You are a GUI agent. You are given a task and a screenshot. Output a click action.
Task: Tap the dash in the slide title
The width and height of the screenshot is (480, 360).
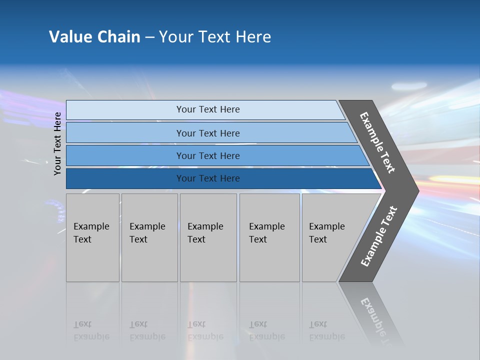pos(149,37)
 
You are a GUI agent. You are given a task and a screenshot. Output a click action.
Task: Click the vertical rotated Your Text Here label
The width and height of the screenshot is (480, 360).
pos(57,143)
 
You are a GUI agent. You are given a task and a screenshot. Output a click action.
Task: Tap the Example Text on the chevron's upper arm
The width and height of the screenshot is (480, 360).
pos(377,142)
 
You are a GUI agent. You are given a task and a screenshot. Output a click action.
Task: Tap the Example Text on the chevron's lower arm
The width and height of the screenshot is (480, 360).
pos(378,236)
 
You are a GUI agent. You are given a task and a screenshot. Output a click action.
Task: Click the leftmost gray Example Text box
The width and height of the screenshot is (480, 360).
pos(92,237)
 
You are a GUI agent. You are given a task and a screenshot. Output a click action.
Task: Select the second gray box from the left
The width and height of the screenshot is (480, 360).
pos(149,237)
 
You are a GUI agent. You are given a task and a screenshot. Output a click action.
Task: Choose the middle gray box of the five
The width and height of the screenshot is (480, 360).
pos(208,237)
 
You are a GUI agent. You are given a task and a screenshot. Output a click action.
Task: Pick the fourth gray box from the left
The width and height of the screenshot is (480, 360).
pos(269,237)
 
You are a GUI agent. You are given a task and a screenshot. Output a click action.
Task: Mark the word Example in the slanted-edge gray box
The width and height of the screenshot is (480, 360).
pos(326,226)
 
